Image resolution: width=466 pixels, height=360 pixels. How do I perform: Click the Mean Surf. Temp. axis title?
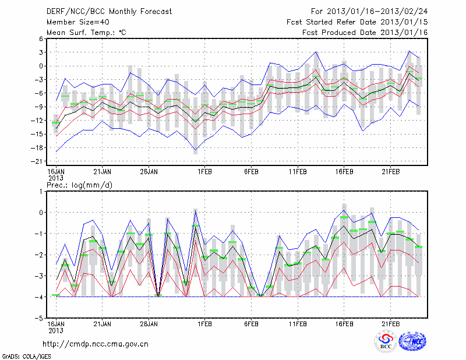pyautogui.click(x=86, y=32)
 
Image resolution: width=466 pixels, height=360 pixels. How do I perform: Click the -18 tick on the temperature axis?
pyautogui.click(x=37, y=148)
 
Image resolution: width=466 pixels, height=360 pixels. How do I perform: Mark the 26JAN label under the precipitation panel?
pyautogui.click(x=149, y=324)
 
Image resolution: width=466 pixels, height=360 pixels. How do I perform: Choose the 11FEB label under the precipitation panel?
pyautogui.click(x=298, y=324)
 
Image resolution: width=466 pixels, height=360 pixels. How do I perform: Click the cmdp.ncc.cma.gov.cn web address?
pyautogui.click(x=96, y=344)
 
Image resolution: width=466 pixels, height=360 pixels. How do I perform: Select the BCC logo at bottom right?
pyautogui.click(x=385, y=342)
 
